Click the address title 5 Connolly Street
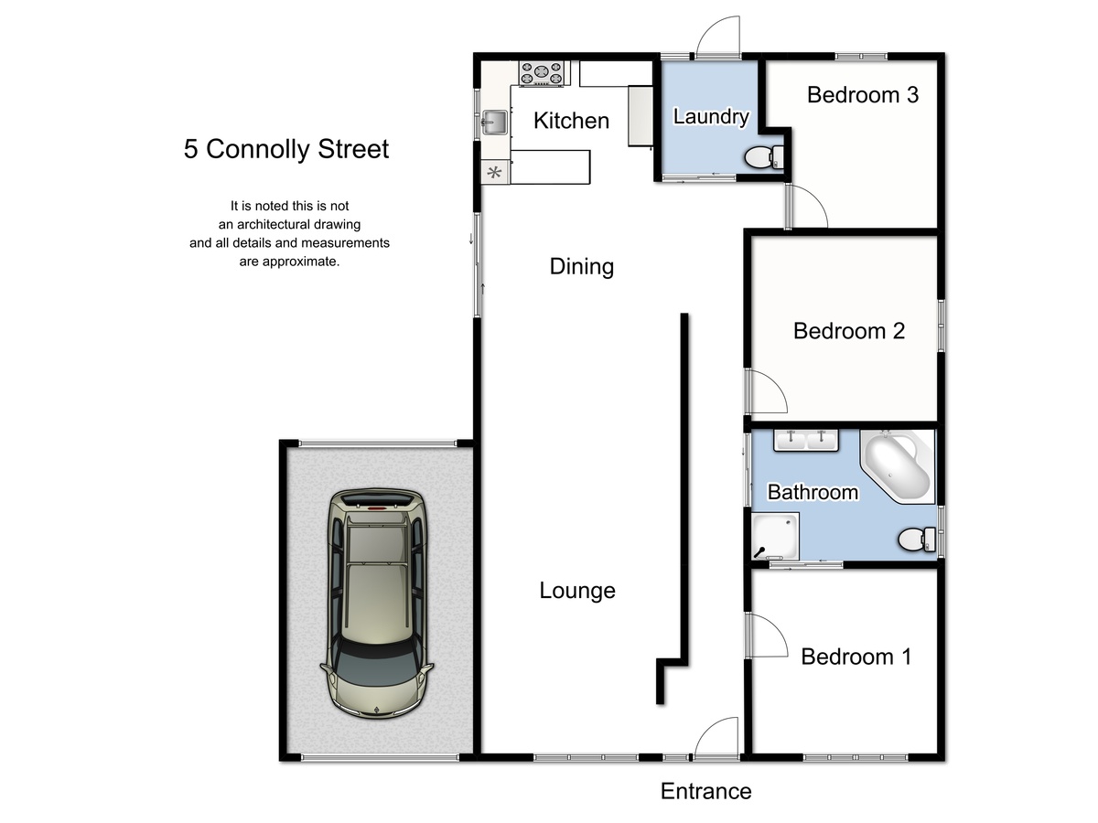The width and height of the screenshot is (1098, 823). tap(286, 149)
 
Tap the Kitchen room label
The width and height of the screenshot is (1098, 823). tap(571, 120)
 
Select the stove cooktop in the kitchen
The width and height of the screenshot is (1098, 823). tap(544, 73)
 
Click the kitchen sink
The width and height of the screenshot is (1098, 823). tap(494, 121)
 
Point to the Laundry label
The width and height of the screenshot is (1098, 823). tap(711, 116)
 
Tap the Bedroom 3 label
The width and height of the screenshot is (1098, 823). tap(862, 94)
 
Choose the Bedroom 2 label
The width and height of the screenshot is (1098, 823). tap(848, 330)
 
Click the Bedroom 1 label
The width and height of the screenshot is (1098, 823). tap(856, 656)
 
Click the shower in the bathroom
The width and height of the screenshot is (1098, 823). tap(775, 536)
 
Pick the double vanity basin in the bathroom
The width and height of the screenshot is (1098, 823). tap(807, 440)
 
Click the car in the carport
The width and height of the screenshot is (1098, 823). tap(376, 604)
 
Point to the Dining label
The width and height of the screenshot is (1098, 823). tap(581, 266)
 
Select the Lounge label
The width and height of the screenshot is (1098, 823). tap(576, 590)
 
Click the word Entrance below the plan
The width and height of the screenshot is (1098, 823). tap(705, 791)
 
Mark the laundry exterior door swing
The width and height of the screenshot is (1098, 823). tap(718, 38)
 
